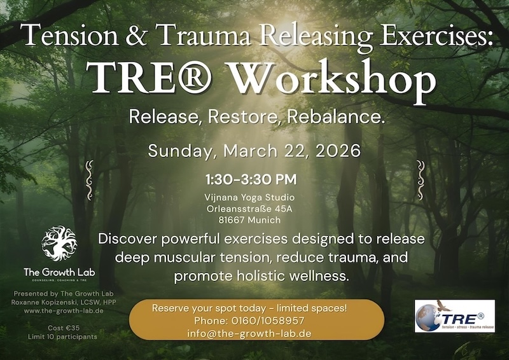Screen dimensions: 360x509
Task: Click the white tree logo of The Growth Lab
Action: point(59,244)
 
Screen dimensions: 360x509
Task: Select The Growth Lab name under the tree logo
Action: point(59,272)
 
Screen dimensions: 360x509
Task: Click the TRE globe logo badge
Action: point(454,316)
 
